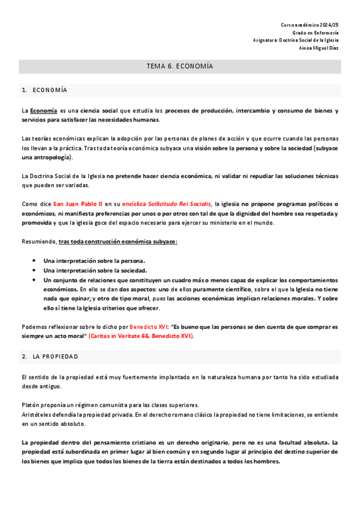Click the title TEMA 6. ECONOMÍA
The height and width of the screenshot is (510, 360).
tap(180, 66)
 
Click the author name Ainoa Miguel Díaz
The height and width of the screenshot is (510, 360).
tap(319, 48)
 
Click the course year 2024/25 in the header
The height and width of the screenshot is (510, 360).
tap(327, 24)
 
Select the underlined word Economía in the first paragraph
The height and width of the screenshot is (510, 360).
tap(44, 111)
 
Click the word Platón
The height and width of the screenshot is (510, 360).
tap(31, 405)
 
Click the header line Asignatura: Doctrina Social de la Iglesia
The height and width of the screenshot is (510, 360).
tap(296, 40)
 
